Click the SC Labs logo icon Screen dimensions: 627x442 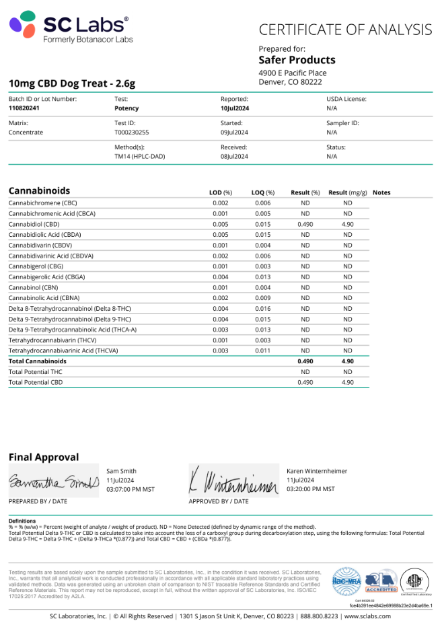tap(23, 25)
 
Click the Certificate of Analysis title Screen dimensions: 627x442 tap(345, 30)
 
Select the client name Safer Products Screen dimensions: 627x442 tap(297, 60)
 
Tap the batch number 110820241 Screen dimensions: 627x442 tap(24, 108)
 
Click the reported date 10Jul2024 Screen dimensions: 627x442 tap(235, 108)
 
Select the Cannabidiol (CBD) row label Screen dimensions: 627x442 tap(34, 224)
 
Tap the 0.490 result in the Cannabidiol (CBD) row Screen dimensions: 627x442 tap(305, 224)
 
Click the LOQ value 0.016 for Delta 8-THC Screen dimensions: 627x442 tap(263, 308)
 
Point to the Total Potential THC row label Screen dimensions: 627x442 tap(35, 371)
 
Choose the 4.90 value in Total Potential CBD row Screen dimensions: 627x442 tap(348, 382)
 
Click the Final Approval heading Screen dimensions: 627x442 tap(44, 457)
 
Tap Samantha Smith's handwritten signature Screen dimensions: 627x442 tap(54, 482)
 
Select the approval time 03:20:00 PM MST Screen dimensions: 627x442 tap(310, 489)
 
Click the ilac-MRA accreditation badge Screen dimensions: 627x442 tap(346, 581)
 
